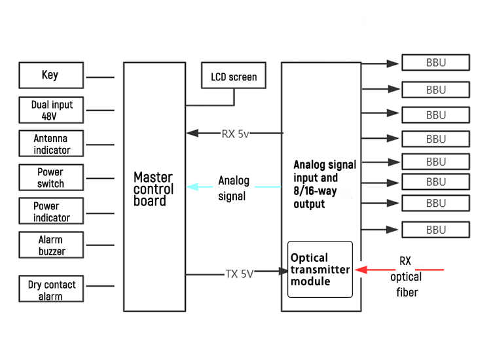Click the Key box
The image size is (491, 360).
click(51, 75)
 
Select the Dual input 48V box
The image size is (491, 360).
click(51, 110)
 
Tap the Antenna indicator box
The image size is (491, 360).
click(51, 144)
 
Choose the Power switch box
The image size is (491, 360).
click(51, 177)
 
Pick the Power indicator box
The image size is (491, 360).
click(51, 211)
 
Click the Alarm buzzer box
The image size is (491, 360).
click(51, 245)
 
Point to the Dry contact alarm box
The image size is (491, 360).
click(51, 290)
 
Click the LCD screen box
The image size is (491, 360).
click(234, 77)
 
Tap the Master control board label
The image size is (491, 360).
click(153, 189)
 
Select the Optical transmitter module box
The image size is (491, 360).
click(320, 269)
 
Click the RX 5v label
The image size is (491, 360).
click(235, 134)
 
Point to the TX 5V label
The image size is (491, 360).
click(240, 274)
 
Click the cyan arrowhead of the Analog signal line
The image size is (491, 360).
click(192, 187)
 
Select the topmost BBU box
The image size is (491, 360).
click(435, 63)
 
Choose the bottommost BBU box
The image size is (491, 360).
click(435, 230)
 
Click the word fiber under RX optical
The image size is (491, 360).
click(406, 292)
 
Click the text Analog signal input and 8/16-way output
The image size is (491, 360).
click(324, 184)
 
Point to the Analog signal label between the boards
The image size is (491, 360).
click(233, 188)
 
